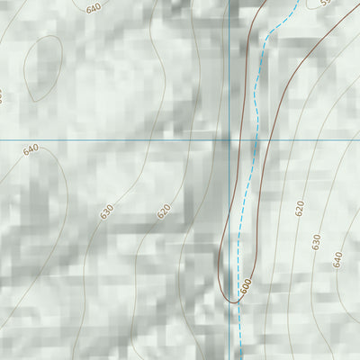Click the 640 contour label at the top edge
click(94, 8)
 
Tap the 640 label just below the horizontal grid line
click(31, 149)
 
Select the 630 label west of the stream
click(107, 212)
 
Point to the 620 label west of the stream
click(163, 211)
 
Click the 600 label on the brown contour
click(245, 286)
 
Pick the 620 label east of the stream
click(300, 208)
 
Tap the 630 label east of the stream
click(316, 241)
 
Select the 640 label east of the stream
click(337, 259)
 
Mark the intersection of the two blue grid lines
click(229, 140)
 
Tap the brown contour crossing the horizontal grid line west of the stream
click(242, 140)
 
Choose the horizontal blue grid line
click(108, 140)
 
